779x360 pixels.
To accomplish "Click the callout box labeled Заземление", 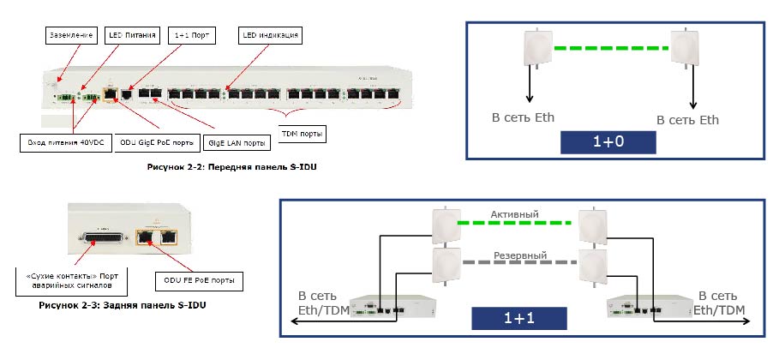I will (x=70, y=36).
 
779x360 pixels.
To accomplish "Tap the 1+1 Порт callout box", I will (x=190, y=36).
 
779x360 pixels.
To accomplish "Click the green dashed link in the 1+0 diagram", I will (x=611, y=47).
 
